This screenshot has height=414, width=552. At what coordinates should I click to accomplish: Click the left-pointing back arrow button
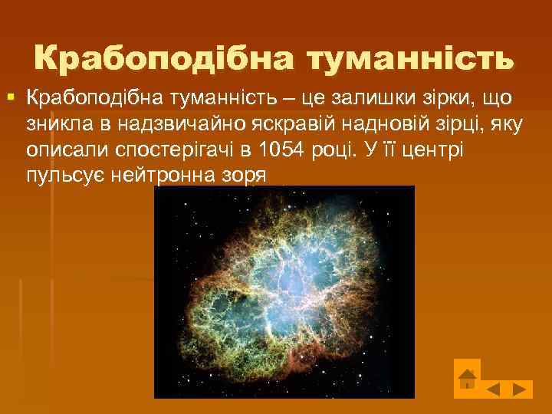(x=495, y=389)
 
